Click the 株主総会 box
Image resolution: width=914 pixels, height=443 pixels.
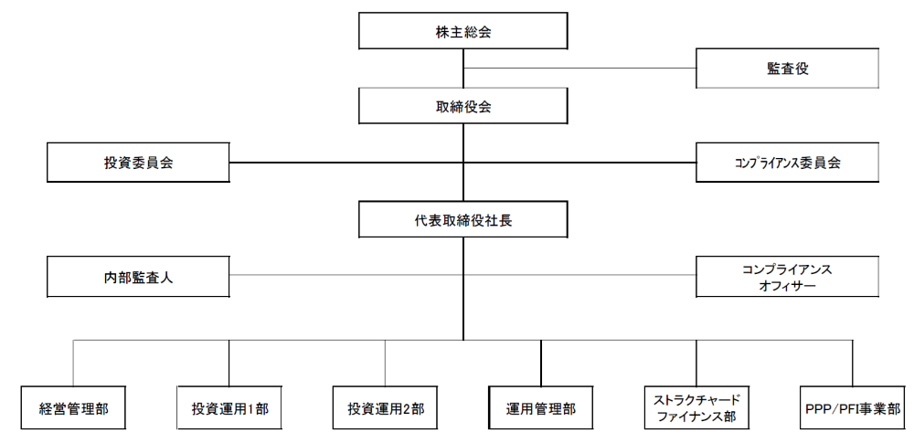(463, 32)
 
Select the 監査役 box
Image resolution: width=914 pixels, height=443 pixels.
(787, 69)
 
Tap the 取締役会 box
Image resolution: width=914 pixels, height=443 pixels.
(463, 106)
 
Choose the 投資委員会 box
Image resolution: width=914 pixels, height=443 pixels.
(138, 163)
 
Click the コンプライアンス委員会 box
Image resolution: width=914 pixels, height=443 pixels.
(787, 163)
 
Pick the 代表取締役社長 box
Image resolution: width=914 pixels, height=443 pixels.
(463, 220)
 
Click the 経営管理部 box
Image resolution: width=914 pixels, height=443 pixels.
(73, 408)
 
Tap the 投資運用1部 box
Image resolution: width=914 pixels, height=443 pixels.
(229, 408)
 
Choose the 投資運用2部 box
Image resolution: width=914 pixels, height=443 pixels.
(385, 408)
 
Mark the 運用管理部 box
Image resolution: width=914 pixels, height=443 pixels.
(541, 408)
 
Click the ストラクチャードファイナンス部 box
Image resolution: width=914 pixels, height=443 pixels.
(696, 408)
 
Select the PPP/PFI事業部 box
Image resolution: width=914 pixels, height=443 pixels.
(852, 408)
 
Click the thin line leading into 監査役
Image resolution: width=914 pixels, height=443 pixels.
(585, 69)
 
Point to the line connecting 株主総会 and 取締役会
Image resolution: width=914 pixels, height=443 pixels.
(463, 69)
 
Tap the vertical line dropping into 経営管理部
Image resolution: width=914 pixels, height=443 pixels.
(73, 364)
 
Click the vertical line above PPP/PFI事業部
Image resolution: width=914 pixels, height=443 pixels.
(852, 364)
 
